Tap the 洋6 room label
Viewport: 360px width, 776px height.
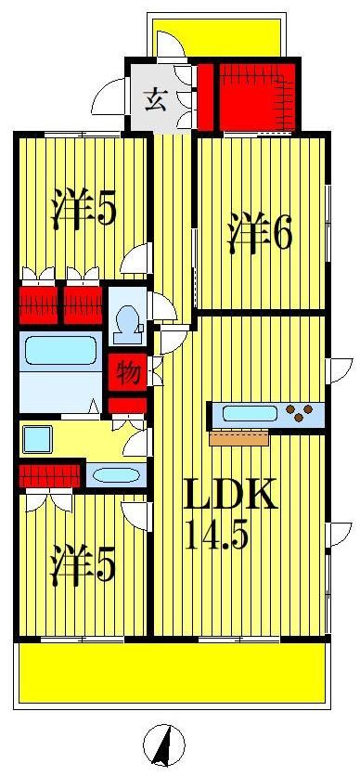(x=261, y=232)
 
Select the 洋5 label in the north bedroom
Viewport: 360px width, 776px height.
(x=84, y=209)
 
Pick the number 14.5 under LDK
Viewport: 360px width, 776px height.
(x=216, y=537)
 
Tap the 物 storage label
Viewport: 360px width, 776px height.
(x=129, y=373)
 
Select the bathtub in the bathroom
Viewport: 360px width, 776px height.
(x=60, y=352)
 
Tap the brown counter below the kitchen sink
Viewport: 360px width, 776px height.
(x=238, y=438)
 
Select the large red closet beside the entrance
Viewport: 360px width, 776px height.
(x=254, y=96)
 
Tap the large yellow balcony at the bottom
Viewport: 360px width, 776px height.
(x=172, y=674)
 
